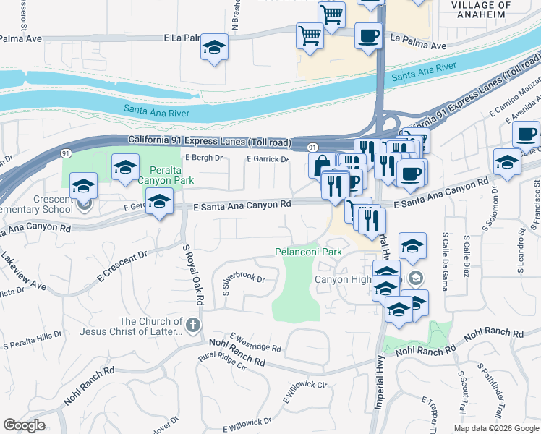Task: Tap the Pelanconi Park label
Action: pyautogui.click(x=307, y=252)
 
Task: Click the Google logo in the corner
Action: pyautogui.click(x=23, y=425)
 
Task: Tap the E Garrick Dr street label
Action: pyautogui.click(x=268, y=158)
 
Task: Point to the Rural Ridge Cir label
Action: pyautogui.click(x=223, y=361)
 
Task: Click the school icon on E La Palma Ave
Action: pyautogui.click(x=214, y=47)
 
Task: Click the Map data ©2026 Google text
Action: pyautogui.click(x=495, y=428)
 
